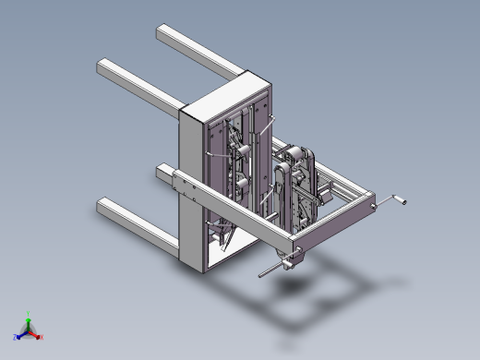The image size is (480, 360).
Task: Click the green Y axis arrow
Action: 28,316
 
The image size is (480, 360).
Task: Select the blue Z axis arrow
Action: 18,335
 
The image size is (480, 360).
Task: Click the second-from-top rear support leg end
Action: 105,68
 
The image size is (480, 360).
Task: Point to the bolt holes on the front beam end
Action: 194,191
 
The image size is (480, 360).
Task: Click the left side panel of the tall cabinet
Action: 190,185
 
